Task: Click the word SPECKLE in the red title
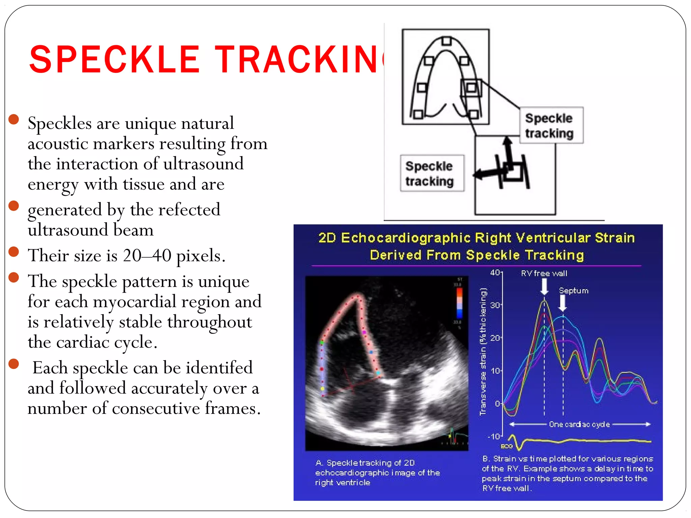point(115,60)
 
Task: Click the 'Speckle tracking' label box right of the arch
point(551,125)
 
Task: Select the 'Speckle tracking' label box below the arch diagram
point(432,173)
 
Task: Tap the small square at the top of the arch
point(446,41)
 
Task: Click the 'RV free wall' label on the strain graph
point(544,274)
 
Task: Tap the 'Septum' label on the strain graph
point(573,291)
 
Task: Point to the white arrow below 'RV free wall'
point(544,287)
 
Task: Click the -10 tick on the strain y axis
point(494,436)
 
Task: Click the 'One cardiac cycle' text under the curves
point(579,424)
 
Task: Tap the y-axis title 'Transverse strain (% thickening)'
point(483,351)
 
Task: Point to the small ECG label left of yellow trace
point(506,446)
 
